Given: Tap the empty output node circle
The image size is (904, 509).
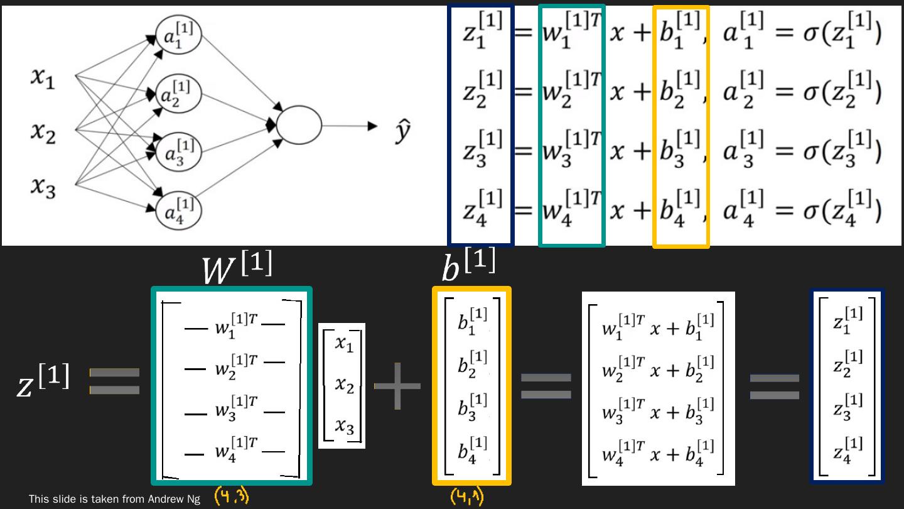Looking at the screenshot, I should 299,124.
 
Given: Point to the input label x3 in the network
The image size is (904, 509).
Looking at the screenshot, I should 43,187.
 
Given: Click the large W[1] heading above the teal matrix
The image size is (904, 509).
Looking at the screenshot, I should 237,269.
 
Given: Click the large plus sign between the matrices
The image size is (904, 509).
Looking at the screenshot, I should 397,385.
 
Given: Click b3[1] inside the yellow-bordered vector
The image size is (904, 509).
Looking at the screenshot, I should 472,407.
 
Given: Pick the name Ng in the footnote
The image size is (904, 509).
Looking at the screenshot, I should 193,500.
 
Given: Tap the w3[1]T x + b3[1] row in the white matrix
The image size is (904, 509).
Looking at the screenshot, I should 658,412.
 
